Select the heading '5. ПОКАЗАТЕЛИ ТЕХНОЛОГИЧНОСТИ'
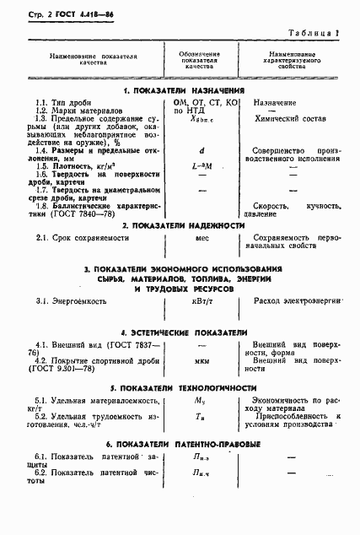click(x=182, y=387)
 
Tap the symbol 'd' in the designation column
click(x=200, y=151)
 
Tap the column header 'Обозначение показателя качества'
click(x=201, y=62)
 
